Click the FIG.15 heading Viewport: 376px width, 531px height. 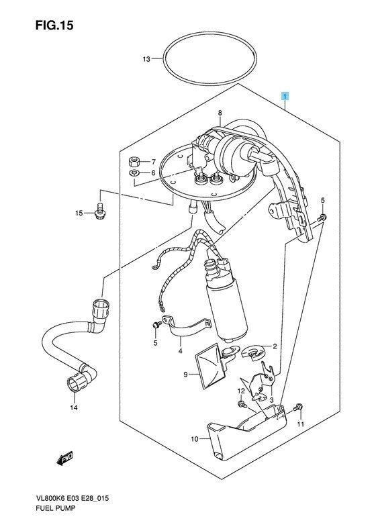(x=54, y=26)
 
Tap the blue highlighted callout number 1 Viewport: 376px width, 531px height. (x=285, y=97)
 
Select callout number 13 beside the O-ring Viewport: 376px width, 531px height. (x=146, y=59)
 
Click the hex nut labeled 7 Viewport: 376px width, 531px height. (x=134, y=161)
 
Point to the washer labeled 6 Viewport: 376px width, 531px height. (x=134, y=174)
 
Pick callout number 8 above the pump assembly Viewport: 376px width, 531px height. (x=220, y=113)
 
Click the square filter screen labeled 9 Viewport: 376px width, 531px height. (x=209, y=367)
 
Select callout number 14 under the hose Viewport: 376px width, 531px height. (x=74, y=407)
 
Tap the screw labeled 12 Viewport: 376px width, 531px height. (x=242, y=404)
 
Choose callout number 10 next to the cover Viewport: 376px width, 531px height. (x=195, y=439)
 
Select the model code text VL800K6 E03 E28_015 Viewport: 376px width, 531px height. (x=72, y=499)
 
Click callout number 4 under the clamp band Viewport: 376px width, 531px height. (x=181, y=351)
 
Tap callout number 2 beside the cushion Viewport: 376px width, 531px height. (x=275, y=346)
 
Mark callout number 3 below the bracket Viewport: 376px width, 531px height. (x=271, y=400)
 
